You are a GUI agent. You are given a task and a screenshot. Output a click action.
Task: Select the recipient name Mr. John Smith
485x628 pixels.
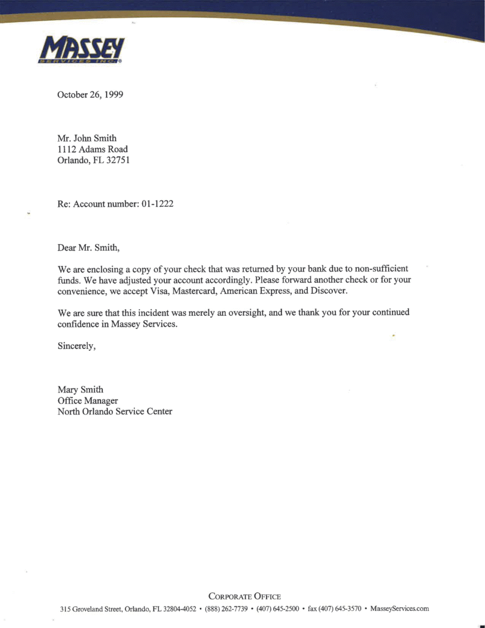pos(86,138)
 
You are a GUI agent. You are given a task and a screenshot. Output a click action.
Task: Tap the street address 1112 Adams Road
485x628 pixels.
pos(93,149)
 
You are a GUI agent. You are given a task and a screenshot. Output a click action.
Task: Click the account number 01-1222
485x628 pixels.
pos(157,204)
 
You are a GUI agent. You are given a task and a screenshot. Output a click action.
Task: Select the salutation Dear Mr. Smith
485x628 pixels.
pos(89,248)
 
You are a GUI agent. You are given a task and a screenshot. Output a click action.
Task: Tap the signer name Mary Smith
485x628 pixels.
pos(80,389)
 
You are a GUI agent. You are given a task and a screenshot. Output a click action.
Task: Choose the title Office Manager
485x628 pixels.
pos(88,400)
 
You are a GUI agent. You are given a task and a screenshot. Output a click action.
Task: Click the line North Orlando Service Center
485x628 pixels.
pos(115,412)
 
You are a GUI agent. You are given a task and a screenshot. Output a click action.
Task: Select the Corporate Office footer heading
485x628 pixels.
pos(245,596)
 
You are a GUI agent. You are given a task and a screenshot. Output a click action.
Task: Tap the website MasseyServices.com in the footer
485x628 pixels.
pos(399,609)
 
